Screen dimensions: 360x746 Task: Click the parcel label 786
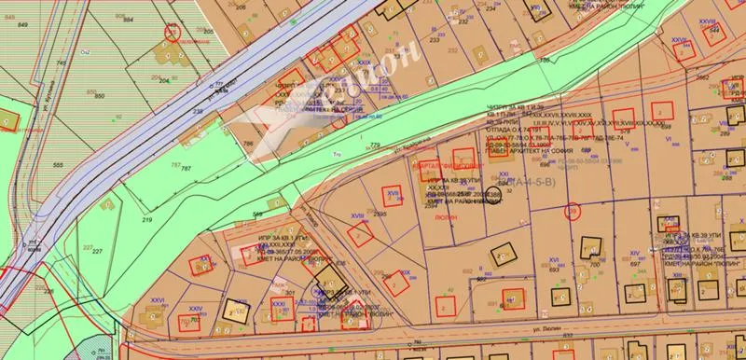coord(248,143)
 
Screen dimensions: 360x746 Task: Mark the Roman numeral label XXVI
coord(157,300)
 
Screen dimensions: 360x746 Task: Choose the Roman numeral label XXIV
coord(196,308)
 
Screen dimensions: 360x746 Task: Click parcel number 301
coord(291,294)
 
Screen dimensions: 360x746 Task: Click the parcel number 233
coord(435,40)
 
